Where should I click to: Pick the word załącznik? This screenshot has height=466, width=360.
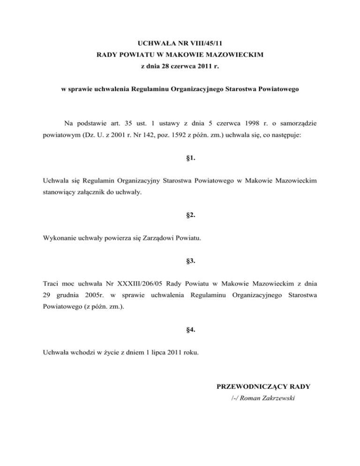point(95,192)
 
